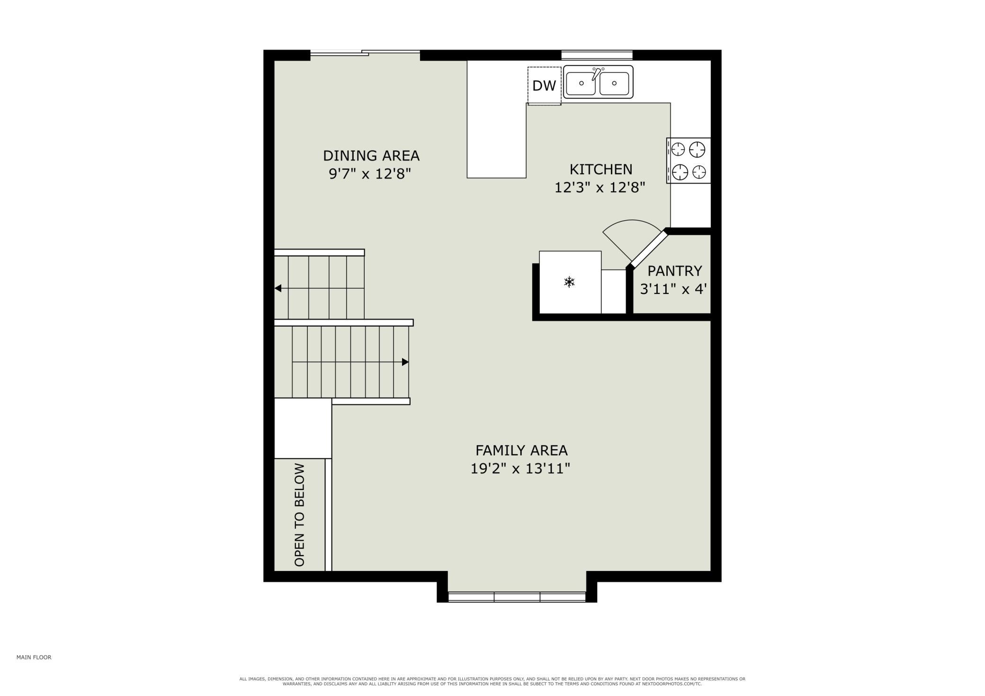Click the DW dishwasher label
[544, 86]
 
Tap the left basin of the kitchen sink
[581, 83]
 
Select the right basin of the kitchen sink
[614, 83]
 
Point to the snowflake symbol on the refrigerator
[569, 283]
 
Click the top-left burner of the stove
[679, 150]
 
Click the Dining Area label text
[371, 155]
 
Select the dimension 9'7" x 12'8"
[370, 174]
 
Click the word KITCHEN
[600, 169]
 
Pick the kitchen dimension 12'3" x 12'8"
[600, 187]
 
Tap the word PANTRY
[674, 271]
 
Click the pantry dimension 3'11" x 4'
[673, 289]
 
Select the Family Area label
[521, 450]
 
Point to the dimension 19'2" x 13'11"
[520, 468]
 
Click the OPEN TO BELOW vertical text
[299, 515]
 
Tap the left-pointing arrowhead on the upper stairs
[278, 288]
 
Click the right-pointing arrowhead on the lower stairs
[405, 362]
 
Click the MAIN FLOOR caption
[34, 657]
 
